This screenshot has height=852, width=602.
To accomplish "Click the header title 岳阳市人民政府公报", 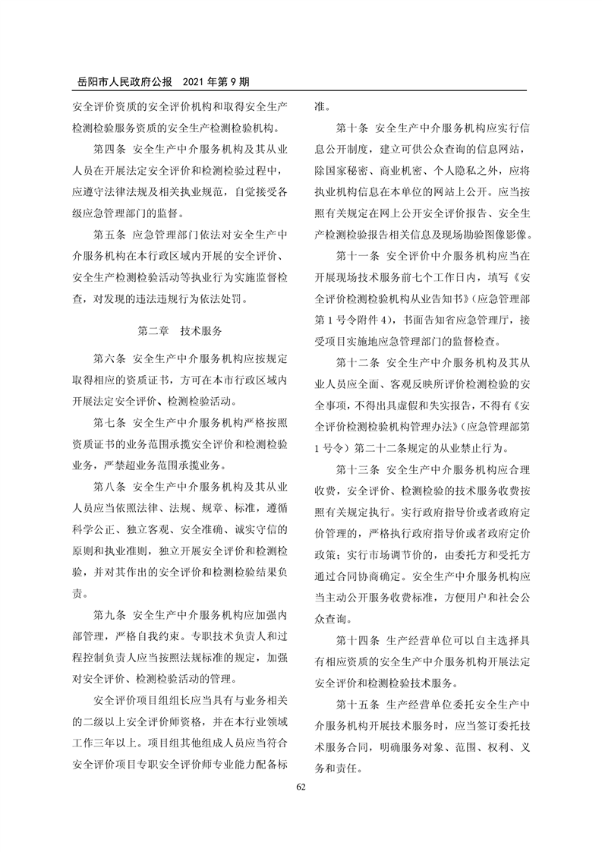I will pos(121,80).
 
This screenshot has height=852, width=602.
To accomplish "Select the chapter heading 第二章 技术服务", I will pos(178,331).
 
